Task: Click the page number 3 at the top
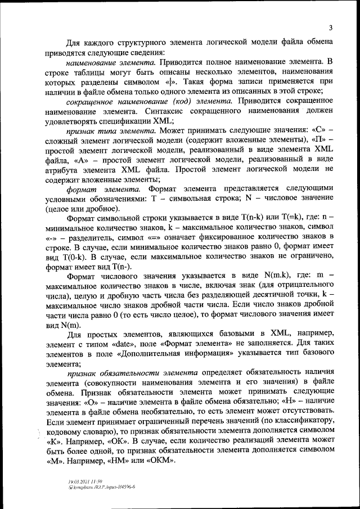pos(331,28)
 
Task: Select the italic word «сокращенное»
pos(93,101)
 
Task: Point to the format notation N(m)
pos(71,327)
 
